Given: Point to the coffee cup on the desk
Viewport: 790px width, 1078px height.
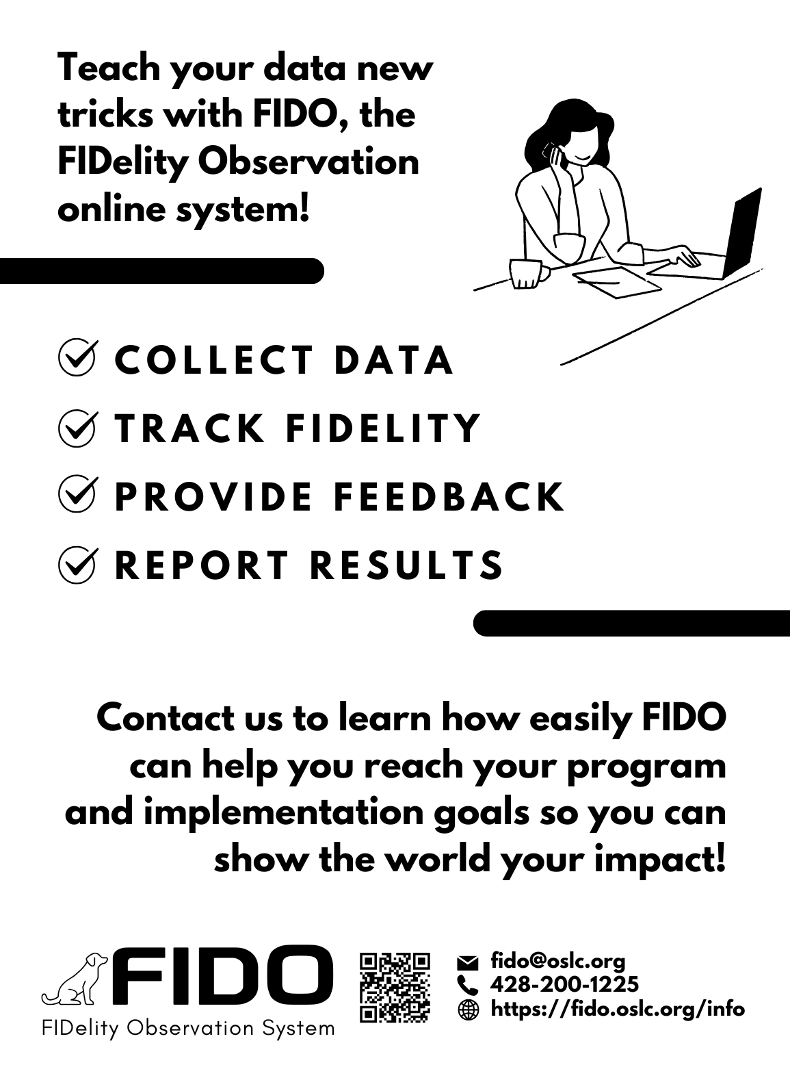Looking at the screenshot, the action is tap(529, 274).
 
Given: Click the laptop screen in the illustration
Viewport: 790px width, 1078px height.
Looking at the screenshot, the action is tap(742, 233).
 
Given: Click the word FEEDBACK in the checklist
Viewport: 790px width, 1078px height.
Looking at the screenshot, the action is tap(449, 497).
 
